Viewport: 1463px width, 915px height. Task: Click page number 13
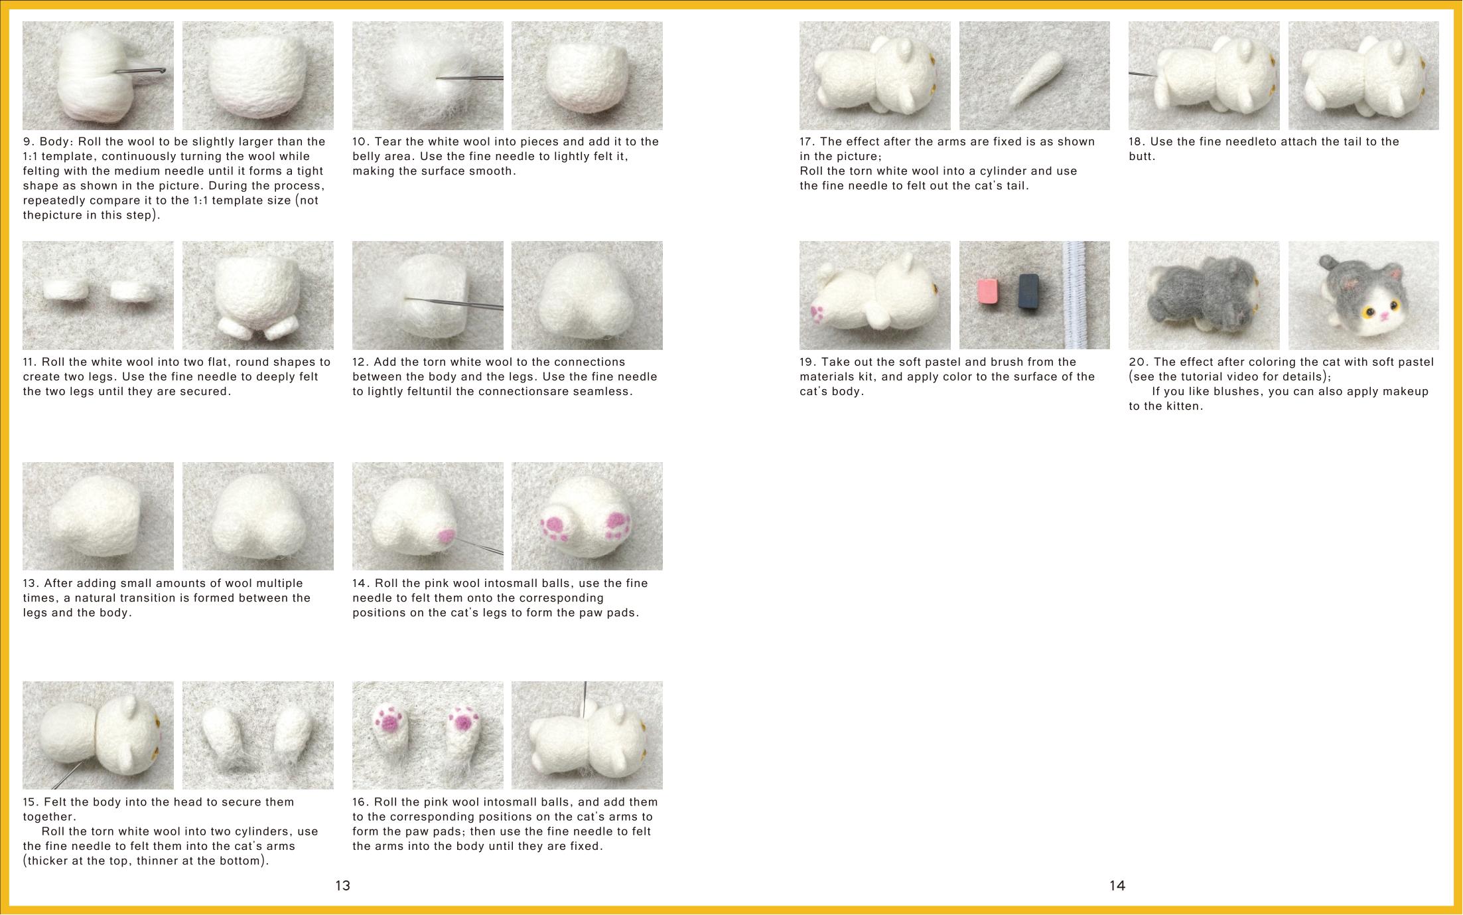coord(342,885)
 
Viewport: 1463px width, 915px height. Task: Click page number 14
coord(1117,885)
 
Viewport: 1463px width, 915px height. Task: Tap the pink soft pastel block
coord(987,291)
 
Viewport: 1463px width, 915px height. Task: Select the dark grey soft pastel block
coord(1028,292)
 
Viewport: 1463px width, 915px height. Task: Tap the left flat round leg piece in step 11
coord(66,290)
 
